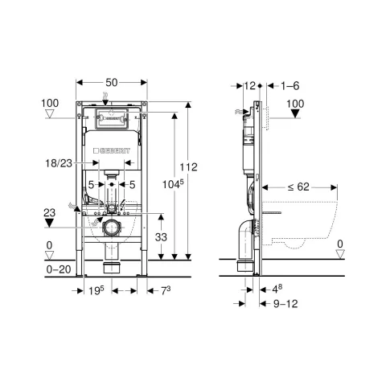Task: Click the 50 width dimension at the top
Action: pos(112,82)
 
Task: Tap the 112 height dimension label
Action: pos(188,167)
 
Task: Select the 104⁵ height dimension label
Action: pos(173,184)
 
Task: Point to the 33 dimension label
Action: pos(161,237)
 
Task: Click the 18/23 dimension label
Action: pos(59,163)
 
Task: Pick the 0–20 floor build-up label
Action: pos(59,269)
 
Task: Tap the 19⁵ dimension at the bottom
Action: pos(96,290)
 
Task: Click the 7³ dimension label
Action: pos(166,290)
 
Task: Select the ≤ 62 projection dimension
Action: pos(298,187)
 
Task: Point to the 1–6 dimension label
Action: pos(289,86)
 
